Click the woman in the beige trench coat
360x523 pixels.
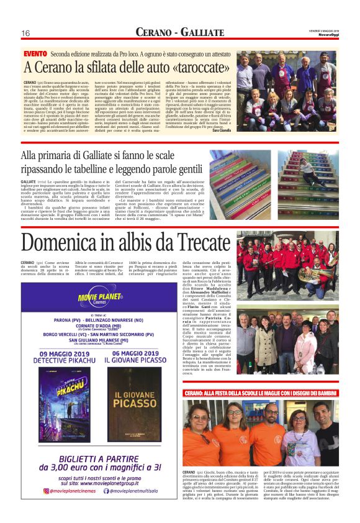pyautogui.click(x=261, y=348)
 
